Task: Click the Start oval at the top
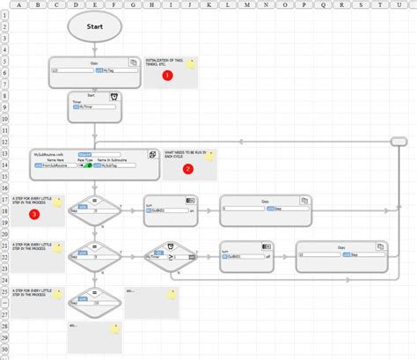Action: (x=94, y=26)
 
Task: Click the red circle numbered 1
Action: (x=169, y=76)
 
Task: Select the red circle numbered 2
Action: (x=187, y=169)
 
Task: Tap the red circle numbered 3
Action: (x=34, y=213)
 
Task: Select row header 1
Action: (x=4, y=14)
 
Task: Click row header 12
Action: (x=4, y=141)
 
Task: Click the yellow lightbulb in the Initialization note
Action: (x=190, y=64)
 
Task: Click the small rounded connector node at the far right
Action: (x=398, y=141)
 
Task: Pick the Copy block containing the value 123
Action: (x=94, y=72)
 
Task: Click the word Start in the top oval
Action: (x=94, y=26)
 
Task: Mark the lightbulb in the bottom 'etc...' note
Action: (x=113, y=328)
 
